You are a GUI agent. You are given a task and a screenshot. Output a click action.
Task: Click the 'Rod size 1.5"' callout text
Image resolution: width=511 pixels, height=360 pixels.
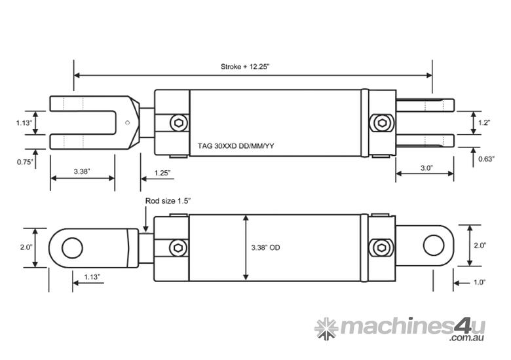(168, 202)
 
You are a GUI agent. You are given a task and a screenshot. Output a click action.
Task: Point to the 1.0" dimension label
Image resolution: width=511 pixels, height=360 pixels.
(479, 282)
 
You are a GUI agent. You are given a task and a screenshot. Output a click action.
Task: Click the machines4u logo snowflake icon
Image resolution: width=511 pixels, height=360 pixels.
(326, 328)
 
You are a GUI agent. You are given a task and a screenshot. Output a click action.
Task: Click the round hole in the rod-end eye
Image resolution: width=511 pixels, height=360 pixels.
(72, 247)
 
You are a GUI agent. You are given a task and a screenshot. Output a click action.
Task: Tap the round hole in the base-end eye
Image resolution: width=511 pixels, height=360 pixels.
(434, 245)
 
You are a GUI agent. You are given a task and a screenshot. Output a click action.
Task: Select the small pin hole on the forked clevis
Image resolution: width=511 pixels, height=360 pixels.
(129, 122)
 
